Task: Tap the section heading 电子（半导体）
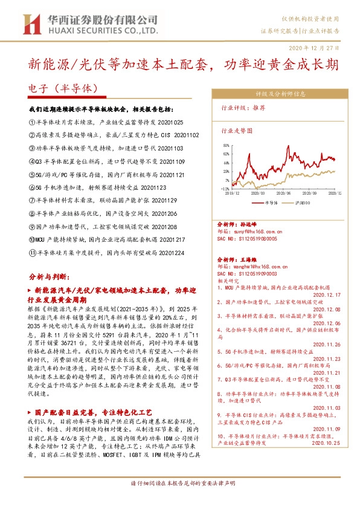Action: click(63, 87)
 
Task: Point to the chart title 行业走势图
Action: click(236, 130)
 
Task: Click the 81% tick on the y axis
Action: click(226, 146)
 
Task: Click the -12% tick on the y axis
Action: click(225, 188)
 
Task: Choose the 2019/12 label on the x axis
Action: click(233, 193)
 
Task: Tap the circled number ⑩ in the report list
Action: click(33, 239)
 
